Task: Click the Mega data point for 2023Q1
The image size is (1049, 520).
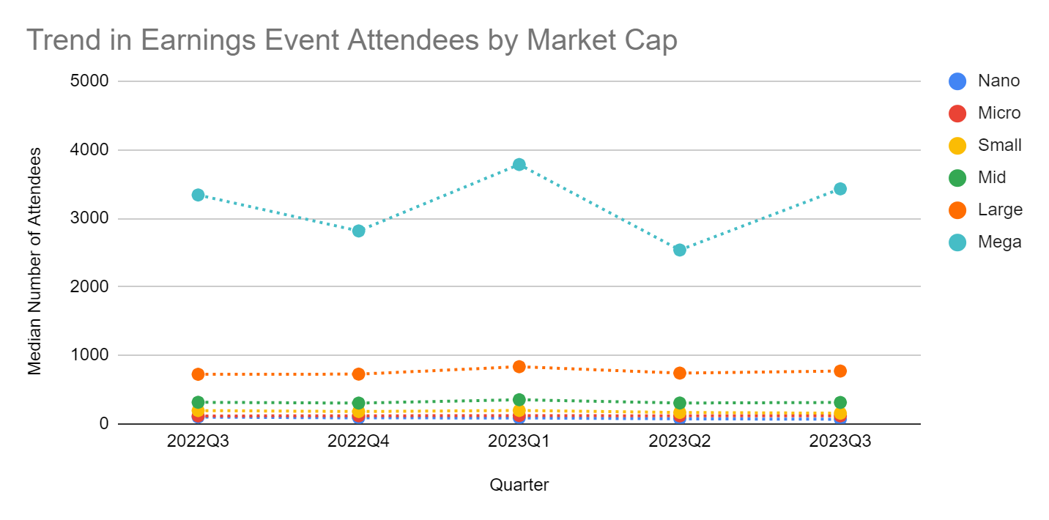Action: coord(519,165)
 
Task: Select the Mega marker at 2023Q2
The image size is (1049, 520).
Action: coord(680,250)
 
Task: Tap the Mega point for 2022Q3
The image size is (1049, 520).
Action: coord(198,195)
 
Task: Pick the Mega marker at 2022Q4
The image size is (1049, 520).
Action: coord(358,231)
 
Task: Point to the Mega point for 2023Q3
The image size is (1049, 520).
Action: coord(840,189)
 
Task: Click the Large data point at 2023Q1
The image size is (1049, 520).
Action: coord(519,366)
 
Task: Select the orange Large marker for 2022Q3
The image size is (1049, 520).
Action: coord(198,374)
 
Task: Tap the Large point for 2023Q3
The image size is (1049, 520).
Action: coord(840,371)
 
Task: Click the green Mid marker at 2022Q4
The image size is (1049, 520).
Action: coord(358,403)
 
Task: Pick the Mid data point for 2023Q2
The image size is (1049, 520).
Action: coord(680,403)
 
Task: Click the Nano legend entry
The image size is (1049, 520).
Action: coord(998,81)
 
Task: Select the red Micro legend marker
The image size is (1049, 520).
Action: coord(957,113)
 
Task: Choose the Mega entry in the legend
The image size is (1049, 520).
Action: coord(999,242)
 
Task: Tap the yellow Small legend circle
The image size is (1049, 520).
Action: coord(957,145)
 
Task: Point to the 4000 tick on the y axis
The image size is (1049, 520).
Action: coord(89,150)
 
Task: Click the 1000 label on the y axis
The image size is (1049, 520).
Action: coord(89,355)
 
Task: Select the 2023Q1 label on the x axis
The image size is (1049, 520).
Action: coord(519,442)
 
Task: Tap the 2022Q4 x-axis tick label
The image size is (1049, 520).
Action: coord(358,442)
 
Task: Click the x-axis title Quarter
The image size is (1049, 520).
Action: coord(519,484)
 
